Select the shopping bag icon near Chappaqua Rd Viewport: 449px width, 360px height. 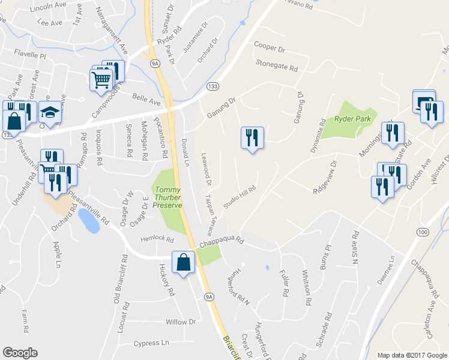183,262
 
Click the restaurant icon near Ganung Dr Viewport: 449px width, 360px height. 252,137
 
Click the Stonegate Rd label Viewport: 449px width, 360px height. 277,65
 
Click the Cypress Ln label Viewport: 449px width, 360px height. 152,343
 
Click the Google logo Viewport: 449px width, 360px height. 20,353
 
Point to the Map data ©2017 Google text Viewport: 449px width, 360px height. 412,355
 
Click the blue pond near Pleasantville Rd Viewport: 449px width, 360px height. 89,221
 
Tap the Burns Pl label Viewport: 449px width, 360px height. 325,256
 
